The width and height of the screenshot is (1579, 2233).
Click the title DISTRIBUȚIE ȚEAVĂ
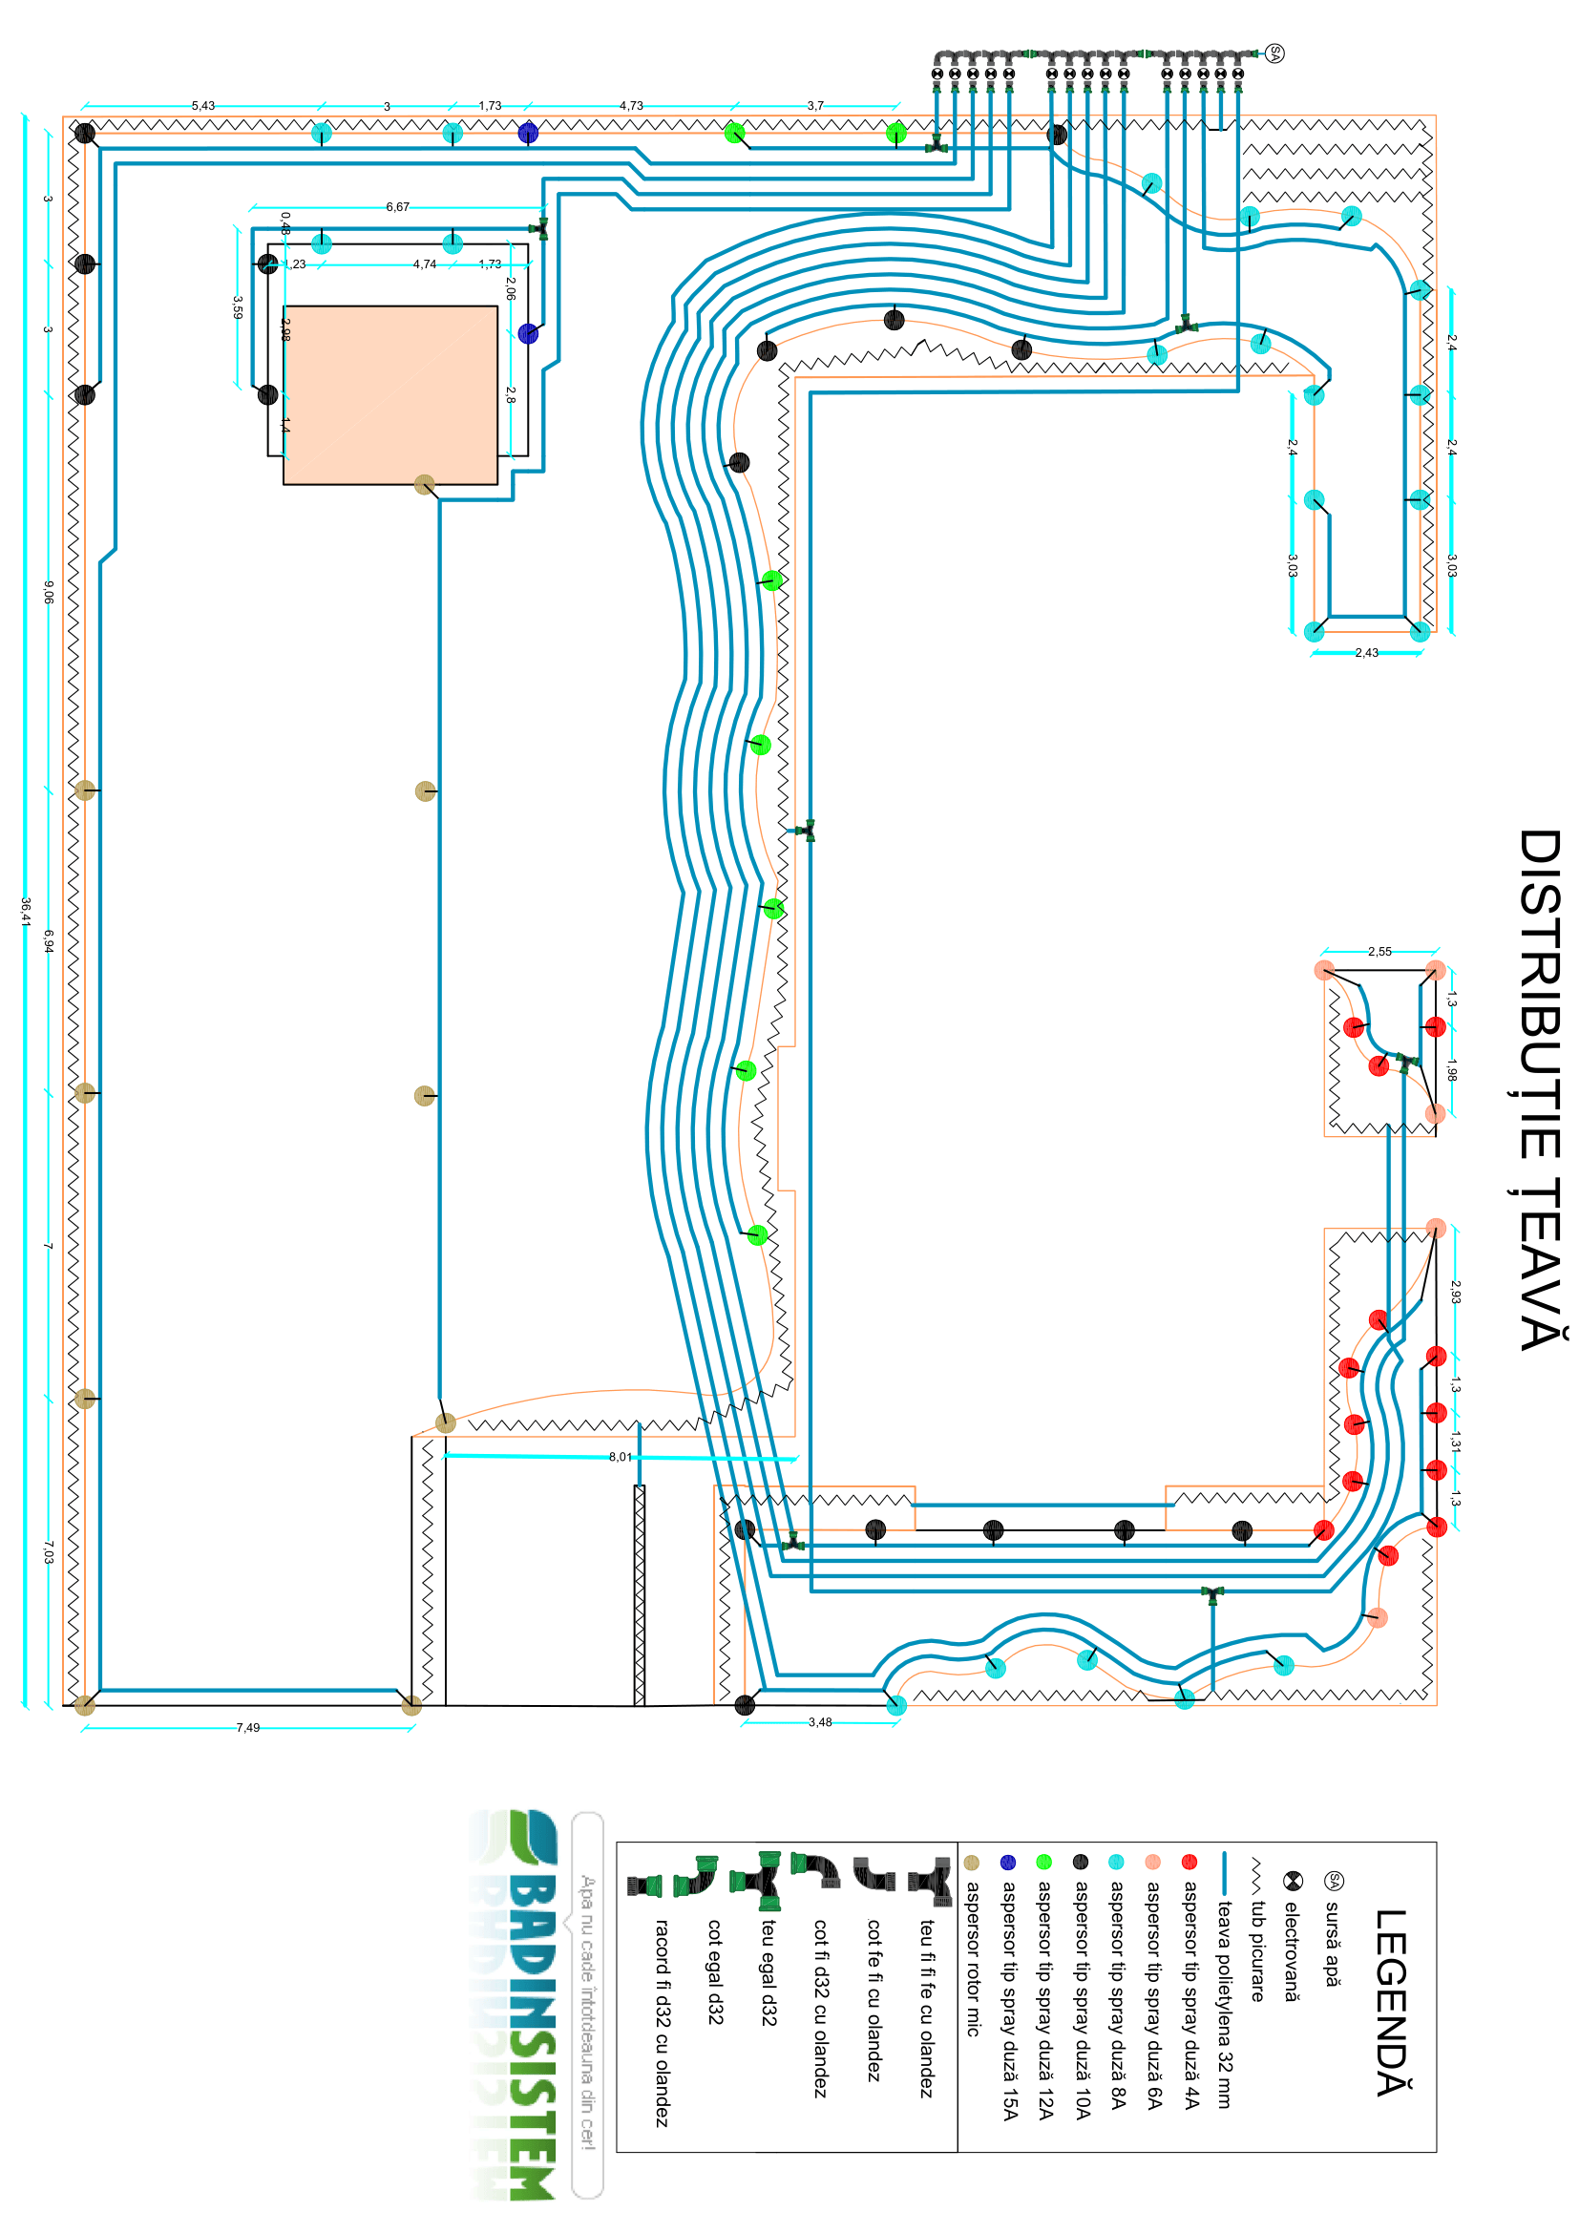click(1540, 1089)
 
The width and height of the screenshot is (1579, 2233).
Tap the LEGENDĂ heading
click(1391, 2003)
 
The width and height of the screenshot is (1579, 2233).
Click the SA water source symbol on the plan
click(1274, 53)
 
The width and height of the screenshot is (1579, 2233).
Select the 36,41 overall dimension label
click(26, 912)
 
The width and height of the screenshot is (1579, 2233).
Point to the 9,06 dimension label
click(49, 592)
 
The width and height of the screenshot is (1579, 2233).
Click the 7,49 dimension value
click(248, 1728)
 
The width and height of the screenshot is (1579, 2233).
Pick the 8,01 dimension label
click(620, 1457)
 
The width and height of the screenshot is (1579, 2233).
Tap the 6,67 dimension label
click(398, 207)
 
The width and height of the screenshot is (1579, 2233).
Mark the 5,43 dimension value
click(203, 106)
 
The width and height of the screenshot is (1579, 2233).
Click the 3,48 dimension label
click(820, 1722)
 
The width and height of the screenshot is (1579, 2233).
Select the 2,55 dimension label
click(1379, 951)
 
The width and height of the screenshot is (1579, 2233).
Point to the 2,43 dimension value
click(1366, 653)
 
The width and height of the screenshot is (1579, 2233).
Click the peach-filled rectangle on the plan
click(389, 395)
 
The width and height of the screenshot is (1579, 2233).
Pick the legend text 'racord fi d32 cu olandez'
click(663, 2022)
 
